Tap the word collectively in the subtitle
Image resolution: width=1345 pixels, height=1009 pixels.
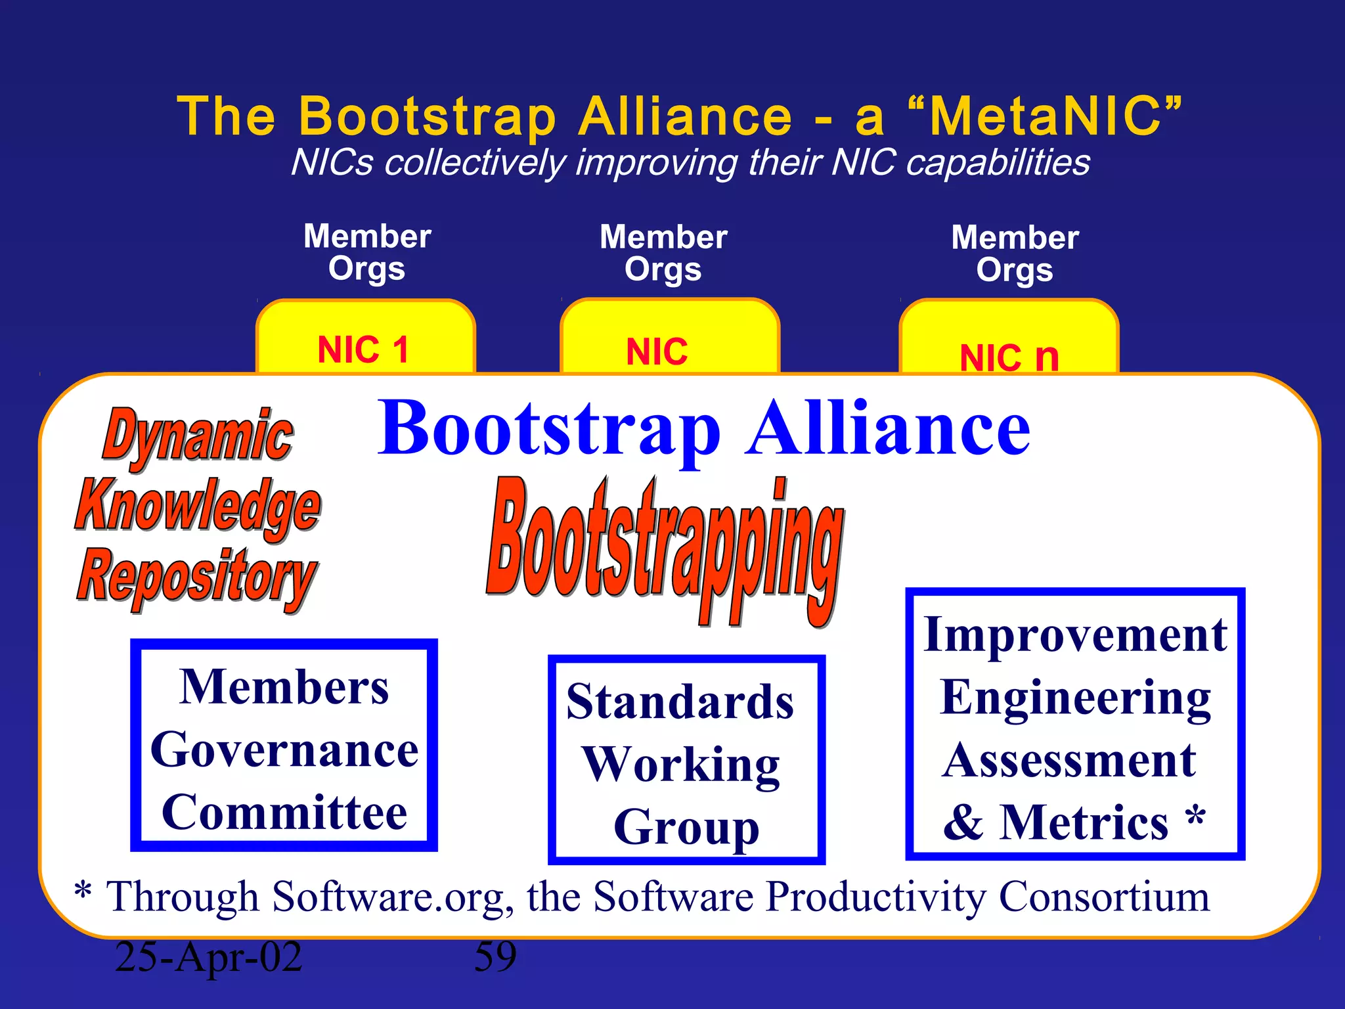click(x=474, y=162)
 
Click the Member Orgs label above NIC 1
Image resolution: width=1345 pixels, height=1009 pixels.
click(x=367, y=252)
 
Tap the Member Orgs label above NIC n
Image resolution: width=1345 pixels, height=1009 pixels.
click(x=1015, y=254)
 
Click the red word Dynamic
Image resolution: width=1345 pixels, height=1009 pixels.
click(x=197, y=436)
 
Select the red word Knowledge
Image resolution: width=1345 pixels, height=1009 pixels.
click(x=197, y=506)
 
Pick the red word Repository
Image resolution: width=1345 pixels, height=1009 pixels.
click(x=197, y=577)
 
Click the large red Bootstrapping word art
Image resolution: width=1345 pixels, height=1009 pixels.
click(x=665, y=549)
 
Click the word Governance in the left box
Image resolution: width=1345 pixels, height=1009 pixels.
click(x=284, y=750)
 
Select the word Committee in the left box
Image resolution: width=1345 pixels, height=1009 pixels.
click(x=284, y=813)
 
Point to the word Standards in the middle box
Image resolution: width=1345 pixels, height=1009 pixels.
click(x=680, y=702)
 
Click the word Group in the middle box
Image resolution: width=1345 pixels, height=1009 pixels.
click(x=686, y=828)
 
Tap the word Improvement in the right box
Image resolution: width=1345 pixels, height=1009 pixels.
click(x=1075, y=635)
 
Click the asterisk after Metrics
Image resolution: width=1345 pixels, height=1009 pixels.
click(x=1195, y=817)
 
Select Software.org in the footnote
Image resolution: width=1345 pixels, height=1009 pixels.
click(x=389, y=896)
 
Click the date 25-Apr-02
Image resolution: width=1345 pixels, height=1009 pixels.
click(x=208, y=956)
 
